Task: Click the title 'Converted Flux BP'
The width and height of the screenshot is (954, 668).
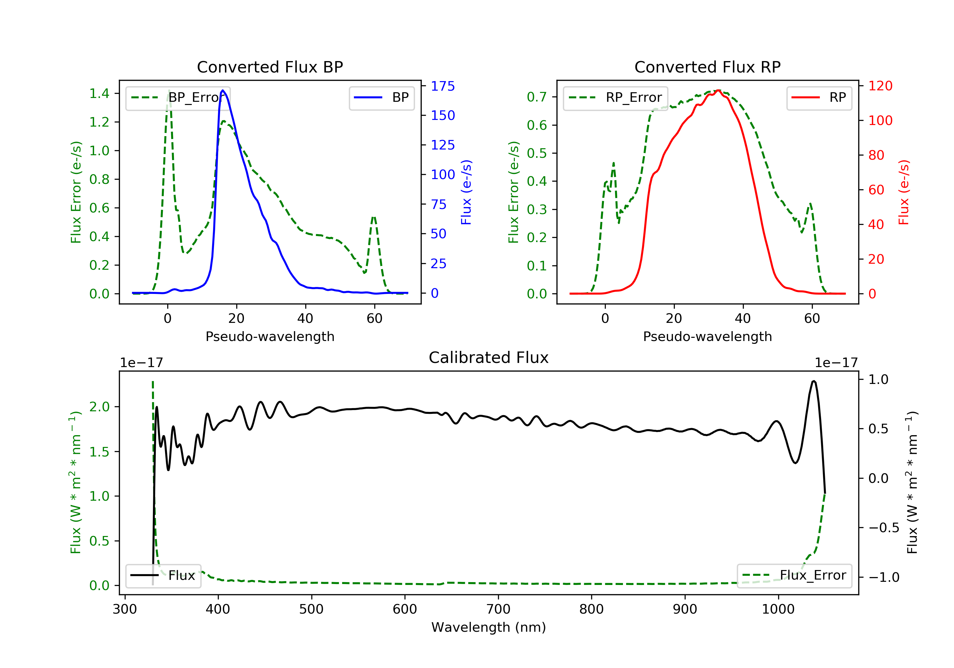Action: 270,67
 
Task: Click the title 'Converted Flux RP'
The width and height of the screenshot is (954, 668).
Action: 707,67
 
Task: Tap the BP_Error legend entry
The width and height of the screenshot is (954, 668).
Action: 178,98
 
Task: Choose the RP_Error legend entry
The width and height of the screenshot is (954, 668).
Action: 615,98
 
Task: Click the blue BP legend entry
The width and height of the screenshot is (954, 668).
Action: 381,98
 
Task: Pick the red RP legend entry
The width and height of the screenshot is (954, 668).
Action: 819,98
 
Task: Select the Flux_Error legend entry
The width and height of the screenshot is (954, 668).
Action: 794,575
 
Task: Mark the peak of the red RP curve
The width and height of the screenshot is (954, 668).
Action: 718,90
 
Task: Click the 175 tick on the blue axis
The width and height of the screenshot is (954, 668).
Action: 443,86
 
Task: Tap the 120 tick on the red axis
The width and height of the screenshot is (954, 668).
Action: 880,86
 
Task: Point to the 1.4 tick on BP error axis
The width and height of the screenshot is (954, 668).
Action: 99,94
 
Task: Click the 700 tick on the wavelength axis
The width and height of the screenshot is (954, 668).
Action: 498,609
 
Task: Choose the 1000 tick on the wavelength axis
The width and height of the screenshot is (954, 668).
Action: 778,609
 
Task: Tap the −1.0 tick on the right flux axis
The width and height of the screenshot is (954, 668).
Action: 883,577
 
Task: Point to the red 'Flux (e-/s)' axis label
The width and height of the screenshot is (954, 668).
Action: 903,192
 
